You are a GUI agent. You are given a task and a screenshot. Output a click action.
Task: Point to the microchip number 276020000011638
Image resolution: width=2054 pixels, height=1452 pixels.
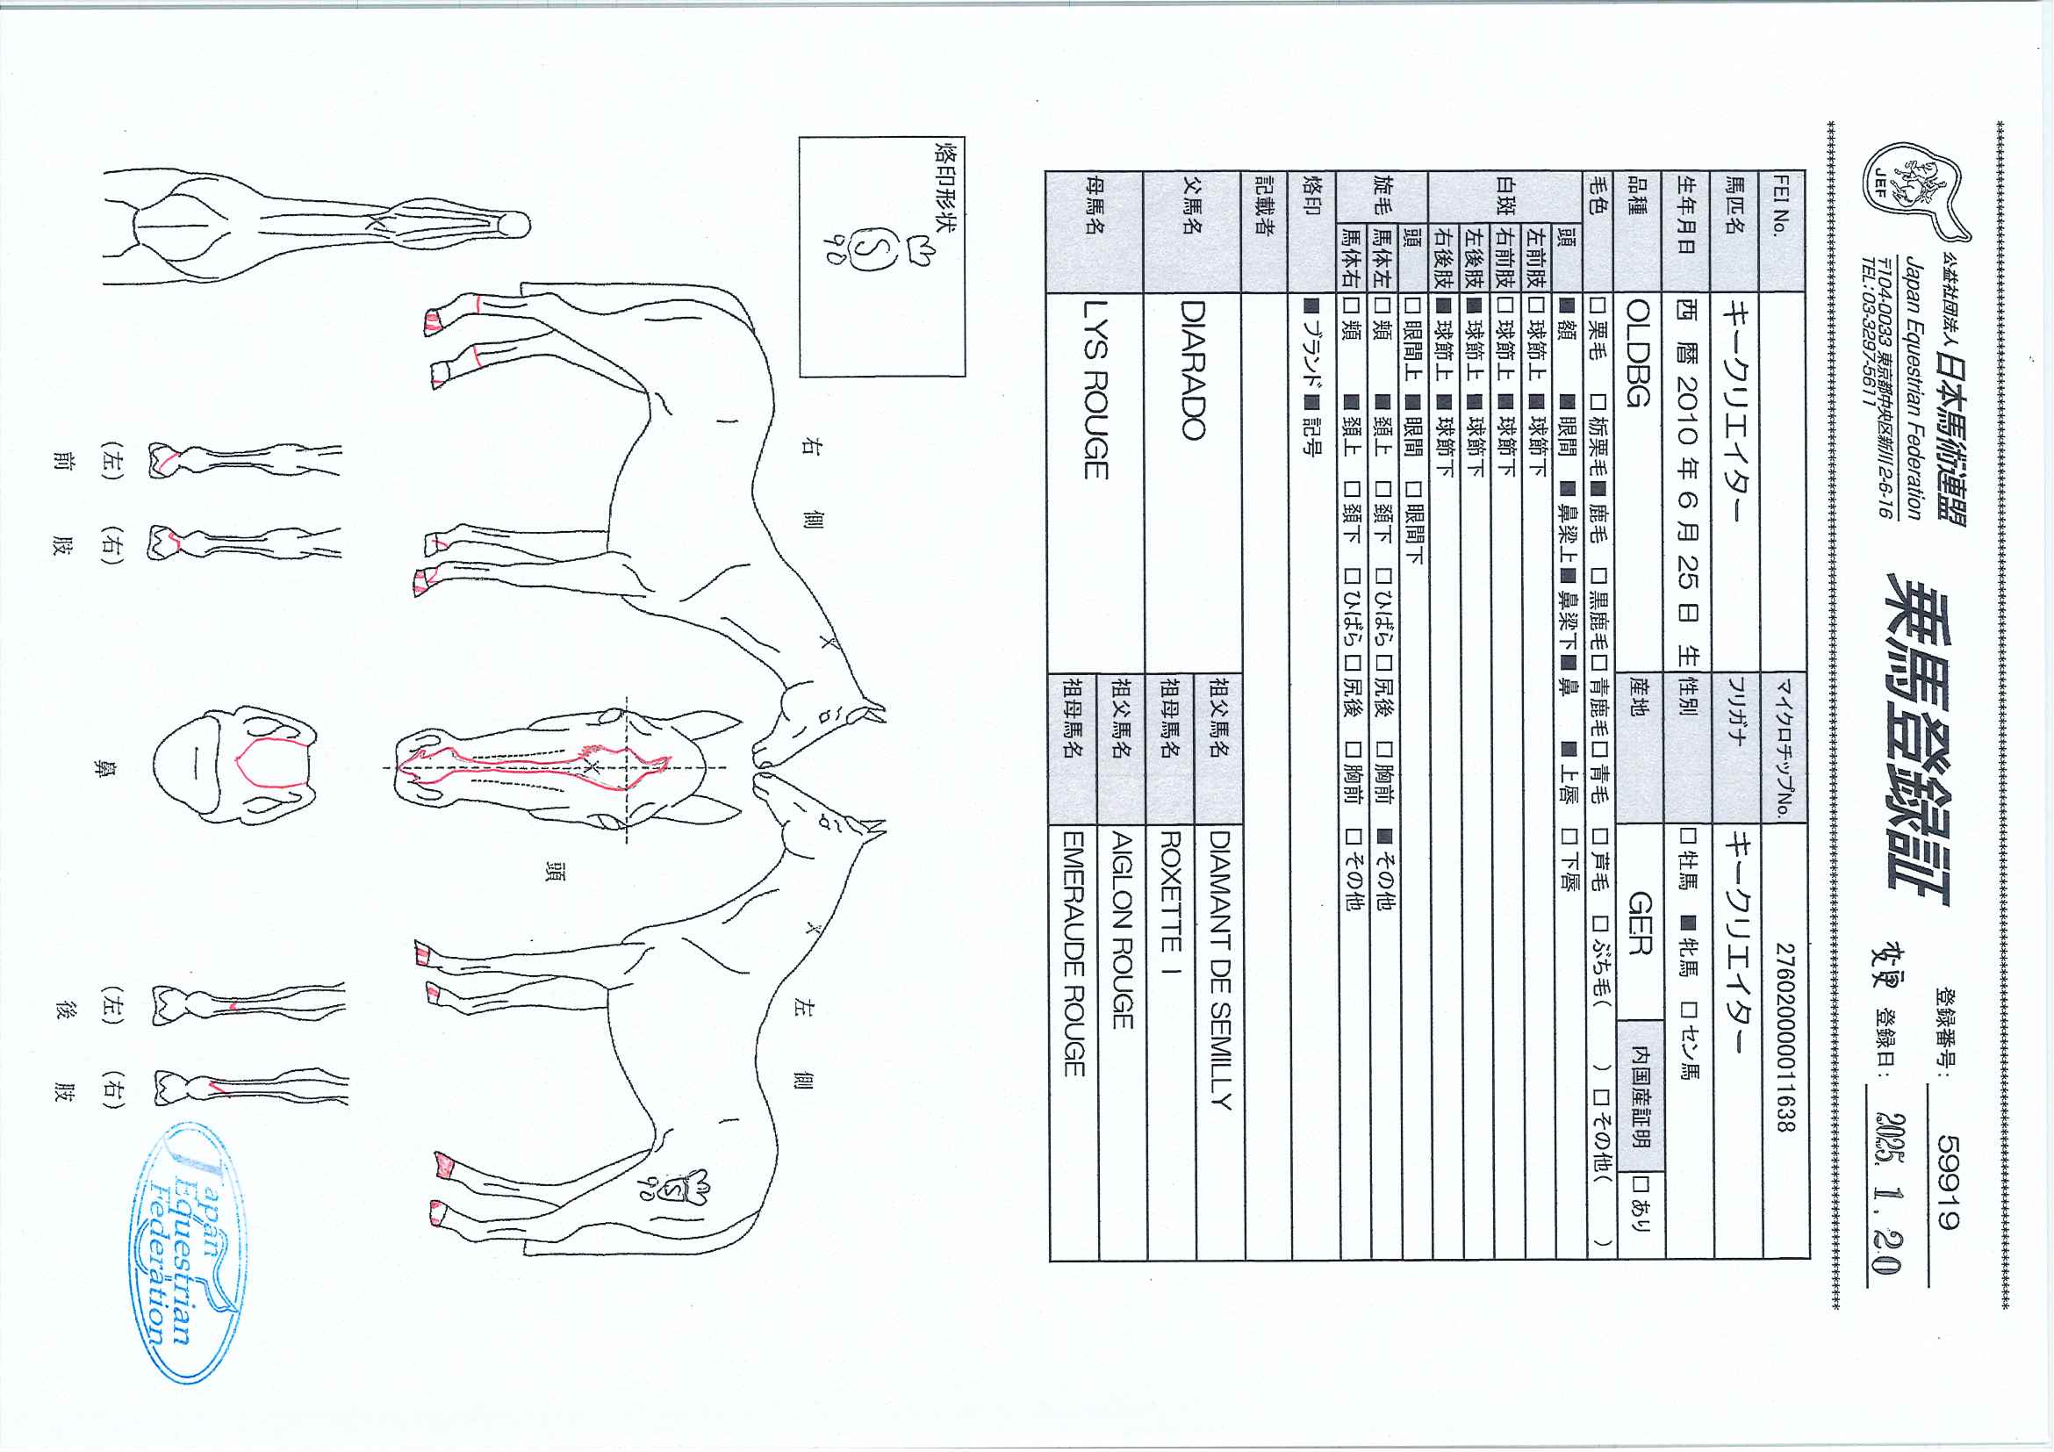[x=1785, y=1037]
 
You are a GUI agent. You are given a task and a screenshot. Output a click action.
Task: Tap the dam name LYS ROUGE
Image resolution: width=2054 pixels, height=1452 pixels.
[x=1096, y=389]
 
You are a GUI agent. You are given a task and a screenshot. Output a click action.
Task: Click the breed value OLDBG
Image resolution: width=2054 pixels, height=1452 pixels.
[x=1637, y=353]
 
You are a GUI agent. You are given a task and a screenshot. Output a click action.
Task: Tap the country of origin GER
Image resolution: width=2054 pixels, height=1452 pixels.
[x=1639, y=924]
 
